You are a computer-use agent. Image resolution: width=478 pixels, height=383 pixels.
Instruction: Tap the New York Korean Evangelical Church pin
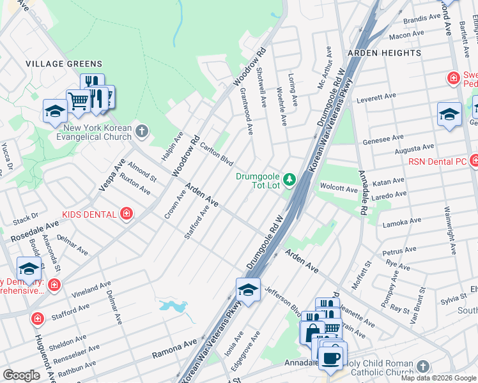[x=142, y=132]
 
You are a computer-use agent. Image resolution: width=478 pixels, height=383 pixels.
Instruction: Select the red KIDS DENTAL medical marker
[x=127, y=214]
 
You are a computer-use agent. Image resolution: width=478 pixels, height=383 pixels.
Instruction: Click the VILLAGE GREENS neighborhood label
[x=64, y=64]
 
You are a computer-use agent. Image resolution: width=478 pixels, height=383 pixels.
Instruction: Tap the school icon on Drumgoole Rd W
[x=248, y=289]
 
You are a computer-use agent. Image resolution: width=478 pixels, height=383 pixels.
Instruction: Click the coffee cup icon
[x=330, y=357]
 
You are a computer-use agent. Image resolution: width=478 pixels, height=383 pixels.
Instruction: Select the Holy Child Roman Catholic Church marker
[x=422, y=366]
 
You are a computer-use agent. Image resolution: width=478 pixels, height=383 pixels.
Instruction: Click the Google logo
[x=21, y=375]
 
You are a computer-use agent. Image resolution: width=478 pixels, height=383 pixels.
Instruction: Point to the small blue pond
[x=173, y=307]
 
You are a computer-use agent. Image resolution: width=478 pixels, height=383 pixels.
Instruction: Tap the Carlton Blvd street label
[x=216, y=154]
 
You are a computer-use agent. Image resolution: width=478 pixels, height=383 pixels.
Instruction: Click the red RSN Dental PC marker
[x=474, y=160]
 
